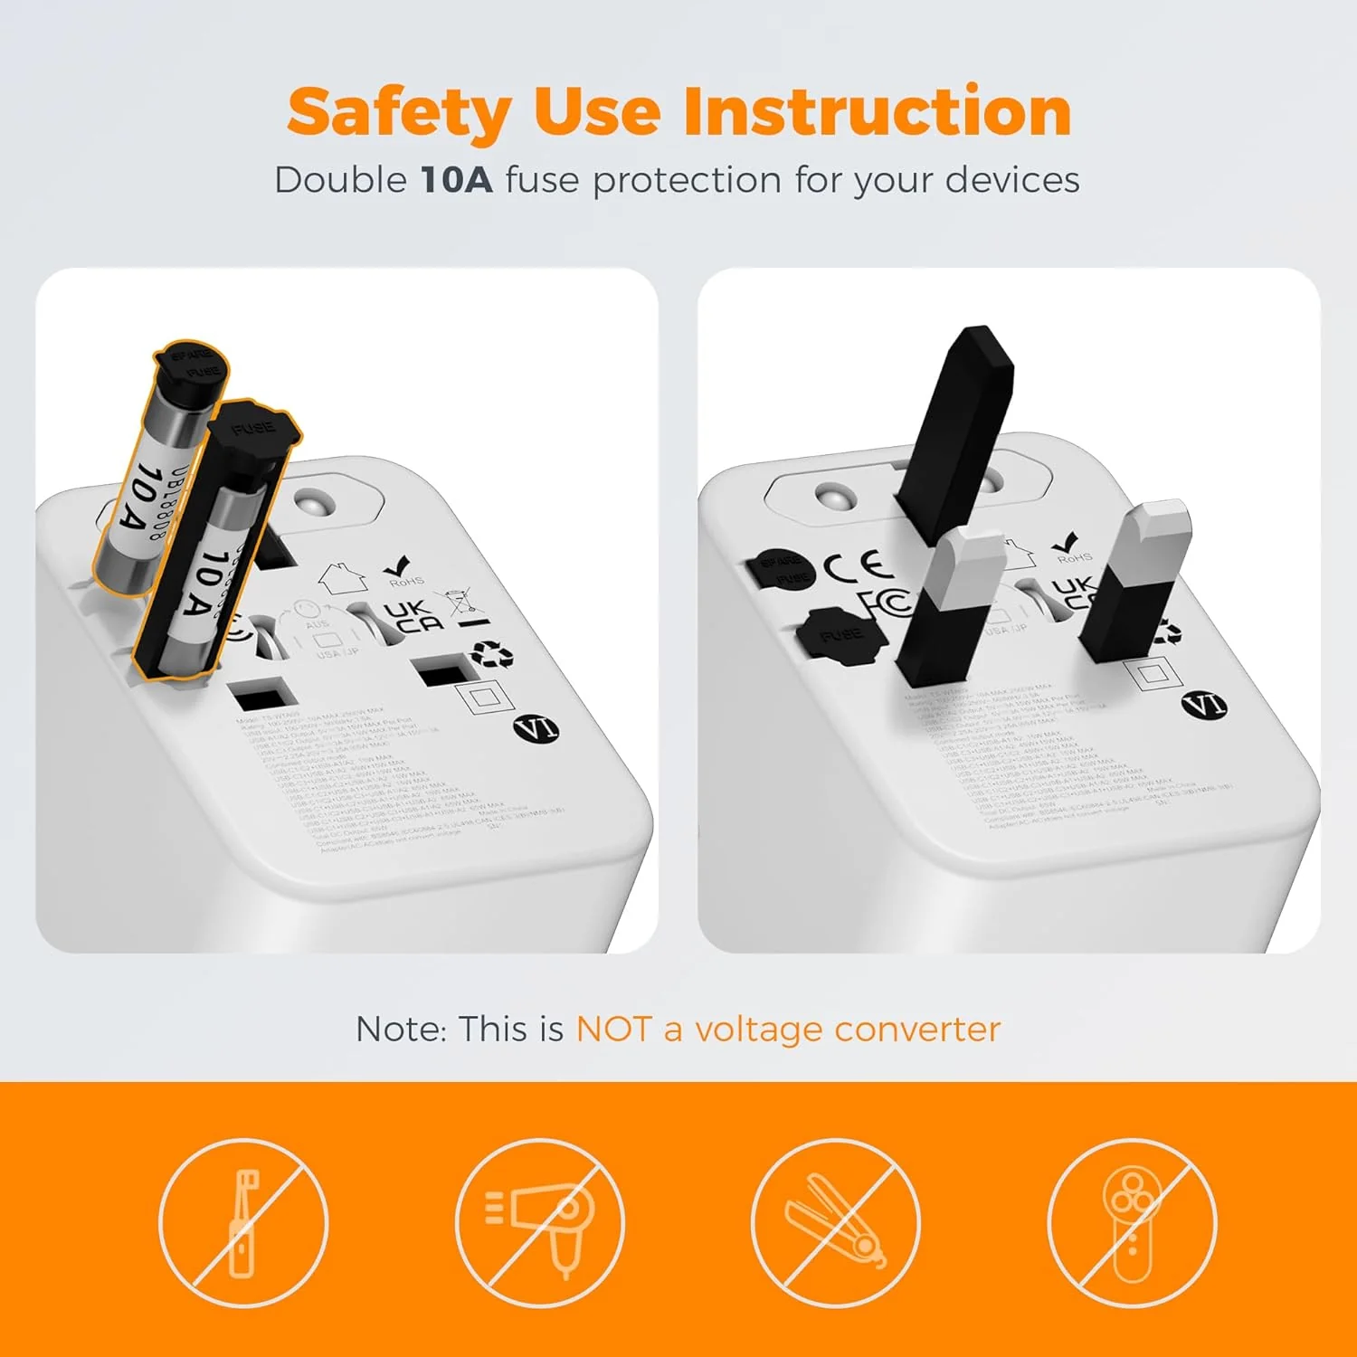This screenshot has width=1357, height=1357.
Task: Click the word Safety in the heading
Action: point(399,112)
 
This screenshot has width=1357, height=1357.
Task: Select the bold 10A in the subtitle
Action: point(456,180)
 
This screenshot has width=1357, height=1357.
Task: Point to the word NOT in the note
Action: point(613,1030)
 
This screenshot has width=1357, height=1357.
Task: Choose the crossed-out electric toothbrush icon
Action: point(242,1223)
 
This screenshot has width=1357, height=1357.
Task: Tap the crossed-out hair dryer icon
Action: point(539,1223)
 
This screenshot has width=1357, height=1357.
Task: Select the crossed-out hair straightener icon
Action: point(835,1223)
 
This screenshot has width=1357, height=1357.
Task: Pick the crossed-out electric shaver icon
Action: point(1132,1223)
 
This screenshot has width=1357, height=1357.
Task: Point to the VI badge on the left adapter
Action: point(536,728)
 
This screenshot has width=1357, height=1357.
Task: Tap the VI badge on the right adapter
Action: point(1204,705)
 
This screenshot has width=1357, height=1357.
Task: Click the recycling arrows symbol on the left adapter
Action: point(492,653)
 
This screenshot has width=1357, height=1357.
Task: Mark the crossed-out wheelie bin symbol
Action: point(462,606)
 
